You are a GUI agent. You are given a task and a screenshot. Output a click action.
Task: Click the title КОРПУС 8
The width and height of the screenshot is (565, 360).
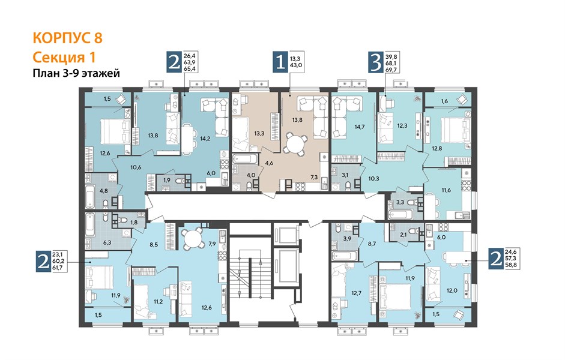(x=67, y=38)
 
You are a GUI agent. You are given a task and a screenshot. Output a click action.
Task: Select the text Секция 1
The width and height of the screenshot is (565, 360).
(x=64, y=57)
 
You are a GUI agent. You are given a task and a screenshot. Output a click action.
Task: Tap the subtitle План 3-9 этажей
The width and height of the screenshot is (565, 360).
(x=76, y=73)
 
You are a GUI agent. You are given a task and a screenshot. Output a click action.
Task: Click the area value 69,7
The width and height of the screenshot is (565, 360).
(x=391, y=70)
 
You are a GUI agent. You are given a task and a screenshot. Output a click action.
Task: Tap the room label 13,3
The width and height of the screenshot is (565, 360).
(x=259, y=133)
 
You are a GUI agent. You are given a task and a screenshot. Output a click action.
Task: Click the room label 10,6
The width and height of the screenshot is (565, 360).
(x=136, y=167)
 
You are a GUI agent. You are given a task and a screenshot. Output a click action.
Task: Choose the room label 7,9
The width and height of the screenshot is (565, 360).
(x=213, y=244)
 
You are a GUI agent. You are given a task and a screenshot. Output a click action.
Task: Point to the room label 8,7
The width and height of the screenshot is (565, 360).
(x=372, y=244)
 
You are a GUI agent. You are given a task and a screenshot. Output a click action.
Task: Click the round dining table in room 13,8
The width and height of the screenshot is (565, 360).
(x=295, y=143)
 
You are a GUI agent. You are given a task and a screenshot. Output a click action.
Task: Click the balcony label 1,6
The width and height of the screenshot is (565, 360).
(x=444, y=101)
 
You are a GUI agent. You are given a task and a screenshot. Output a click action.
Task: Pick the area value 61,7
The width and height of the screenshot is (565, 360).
(x=58, y=268)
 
